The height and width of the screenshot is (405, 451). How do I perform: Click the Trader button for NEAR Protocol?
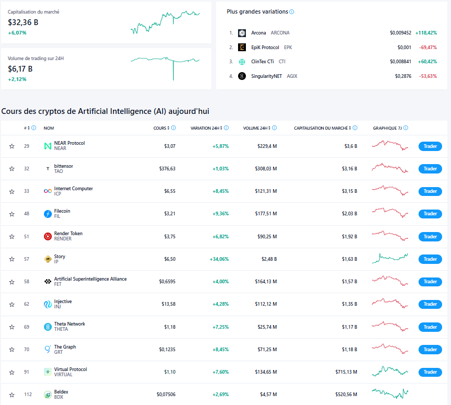(x=430, y=146)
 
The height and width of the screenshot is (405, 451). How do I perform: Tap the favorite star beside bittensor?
(x=12, y=169)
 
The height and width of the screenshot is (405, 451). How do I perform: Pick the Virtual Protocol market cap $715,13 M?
(x=346, y=372)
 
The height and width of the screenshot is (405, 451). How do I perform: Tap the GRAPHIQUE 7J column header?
(x=387, y=128)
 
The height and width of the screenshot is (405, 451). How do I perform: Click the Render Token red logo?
(x=48, y=236)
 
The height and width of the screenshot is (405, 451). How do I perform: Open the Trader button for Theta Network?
(x=430, y=327)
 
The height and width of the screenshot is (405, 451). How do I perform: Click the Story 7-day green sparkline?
(x=390, y=258)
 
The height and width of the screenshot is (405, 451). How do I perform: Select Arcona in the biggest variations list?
(x=258, y=33)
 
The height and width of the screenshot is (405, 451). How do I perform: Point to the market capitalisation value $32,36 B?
(x=23, y=22)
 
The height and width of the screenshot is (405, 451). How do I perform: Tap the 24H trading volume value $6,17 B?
(x=20, y=68)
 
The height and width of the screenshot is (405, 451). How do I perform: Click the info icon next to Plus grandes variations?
(x=292, y=11)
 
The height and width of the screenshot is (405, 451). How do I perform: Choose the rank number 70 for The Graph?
(x=27, y=350)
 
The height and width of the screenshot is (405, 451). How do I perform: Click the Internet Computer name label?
(x=73, y=189)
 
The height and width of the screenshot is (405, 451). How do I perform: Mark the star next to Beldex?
(x=12, y=395)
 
